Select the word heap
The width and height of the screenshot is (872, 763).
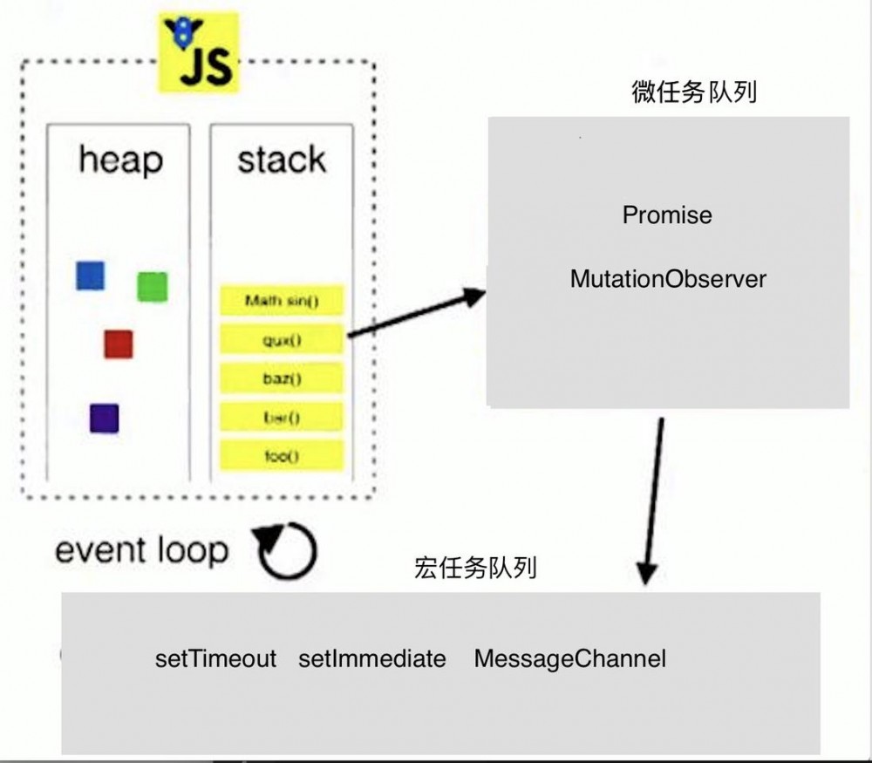pyautogui.click(x=120, y=160)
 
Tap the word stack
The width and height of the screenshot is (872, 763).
pyautogui.click(x=282, y=160)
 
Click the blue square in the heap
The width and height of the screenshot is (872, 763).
pyautogui.click(x=90, y=275)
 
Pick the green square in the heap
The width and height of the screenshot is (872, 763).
pyautogui.click(x=152, y=287)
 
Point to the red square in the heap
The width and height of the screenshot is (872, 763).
pyautogui.click(x=118, y=344)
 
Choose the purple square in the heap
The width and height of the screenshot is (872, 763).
pyautogui.click(x=104, y=419)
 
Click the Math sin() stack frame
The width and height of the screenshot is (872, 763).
pyautogui.click(x=282, y=302)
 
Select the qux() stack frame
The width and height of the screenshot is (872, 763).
pyautogui.click(x=282, y=340)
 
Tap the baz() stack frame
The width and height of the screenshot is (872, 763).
pyautogui.click(x=282, y=378)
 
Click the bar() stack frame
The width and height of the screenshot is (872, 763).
pyautogui.click(x=282, y=417)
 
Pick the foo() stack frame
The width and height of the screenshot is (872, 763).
pyautogui.click(x=282, y=455)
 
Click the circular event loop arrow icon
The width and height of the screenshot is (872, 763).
pyautogui.click(x=287, y=551)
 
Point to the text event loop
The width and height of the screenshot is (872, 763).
pyautogui.click(x=141, y=550)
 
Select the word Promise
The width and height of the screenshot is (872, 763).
pyautogui.click(x=667, y=215)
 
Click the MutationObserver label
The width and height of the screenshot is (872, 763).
pyautogui.click(x=668, y=279)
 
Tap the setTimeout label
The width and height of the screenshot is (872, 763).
pyautogui.click(x=215, y=658)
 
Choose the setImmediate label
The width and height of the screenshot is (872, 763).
pyautogui.click(x=371, y=658)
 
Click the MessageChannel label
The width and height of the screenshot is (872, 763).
pyautogui.click(x=569, y=658)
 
